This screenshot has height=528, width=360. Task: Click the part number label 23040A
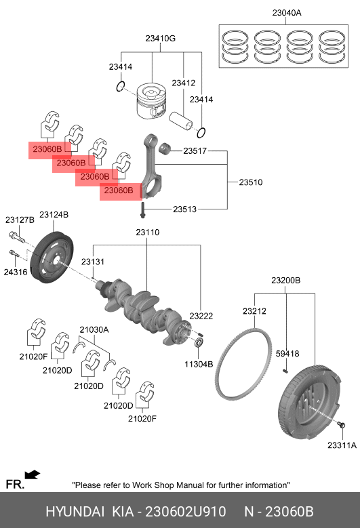point(287,13)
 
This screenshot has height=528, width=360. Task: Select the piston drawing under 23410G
point(152,101)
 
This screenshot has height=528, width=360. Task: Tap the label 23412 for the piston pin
point(183,83)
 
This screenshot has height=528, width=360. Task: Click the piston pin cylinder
point(180,121)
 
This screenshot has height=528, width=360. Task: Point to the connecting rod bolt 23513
point(143,210)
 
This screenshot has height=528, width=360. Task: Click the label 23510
point(251,182)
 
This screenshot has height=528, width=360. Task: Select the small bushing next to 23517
point(165,148)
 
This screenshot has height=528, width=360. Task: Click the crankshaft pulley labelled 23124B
point(52,258)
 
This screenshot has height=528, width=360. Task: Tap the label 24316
point(16,272)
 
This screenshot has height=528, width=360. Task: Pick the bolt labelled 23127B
point(16,237)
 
